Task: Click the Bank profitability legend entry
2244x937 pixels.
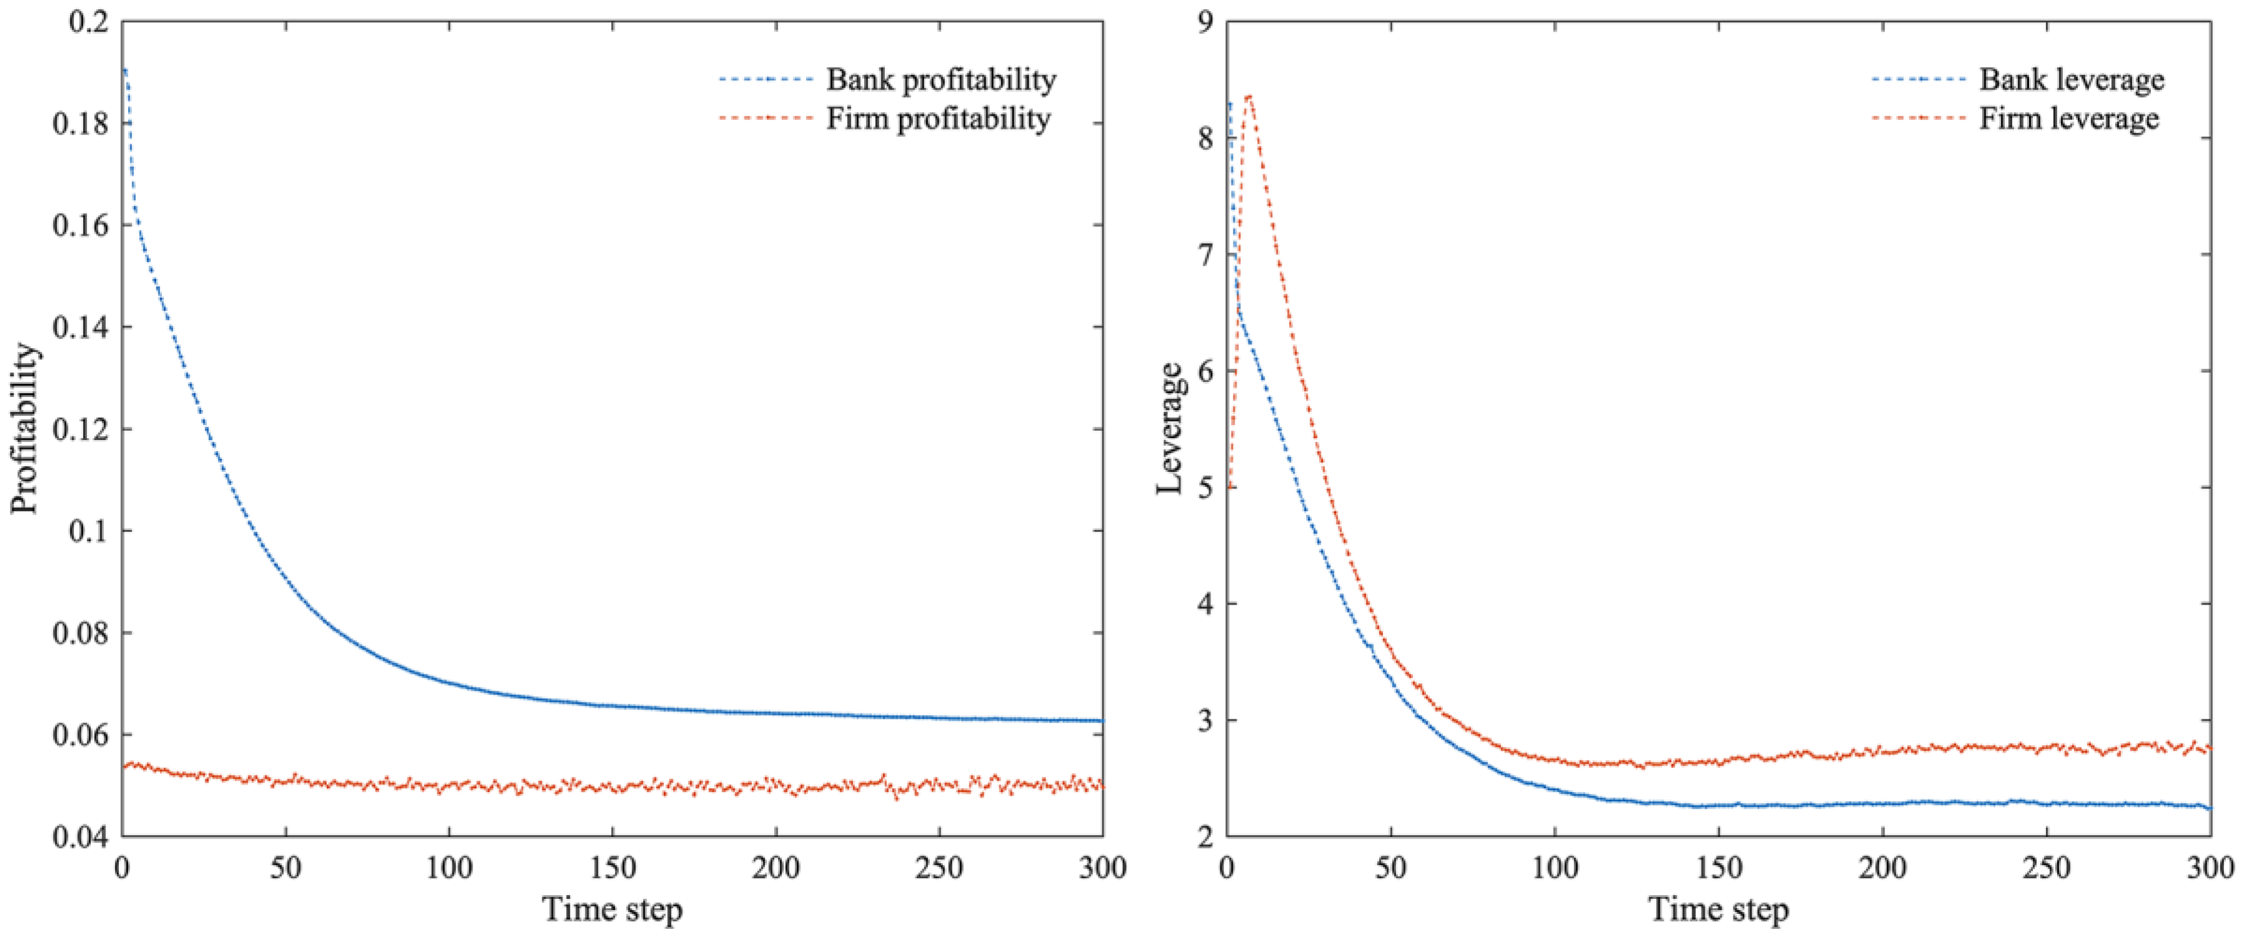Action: tap(941, 80)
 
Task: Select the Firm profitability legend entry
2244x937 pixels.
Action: tap(938, 119)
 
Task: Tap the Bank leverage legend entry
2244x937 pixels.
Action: tap(2072, 80)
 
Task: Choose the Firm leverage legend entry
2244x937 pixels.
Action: tap(2069, 119)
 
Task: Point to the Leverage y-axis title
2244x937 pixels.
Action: tap(1169, 429)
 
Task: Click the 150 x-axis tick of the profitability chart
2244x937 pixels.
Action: tap(612, 868)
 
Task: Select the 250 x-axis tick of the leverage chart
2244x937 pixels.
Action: tap(2047, 868)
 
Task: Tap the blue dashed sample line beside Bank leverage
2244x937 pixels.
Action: tap(1917, 80)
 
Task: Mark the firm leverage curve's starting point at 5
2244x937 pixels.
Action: tap(1229, 486)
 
